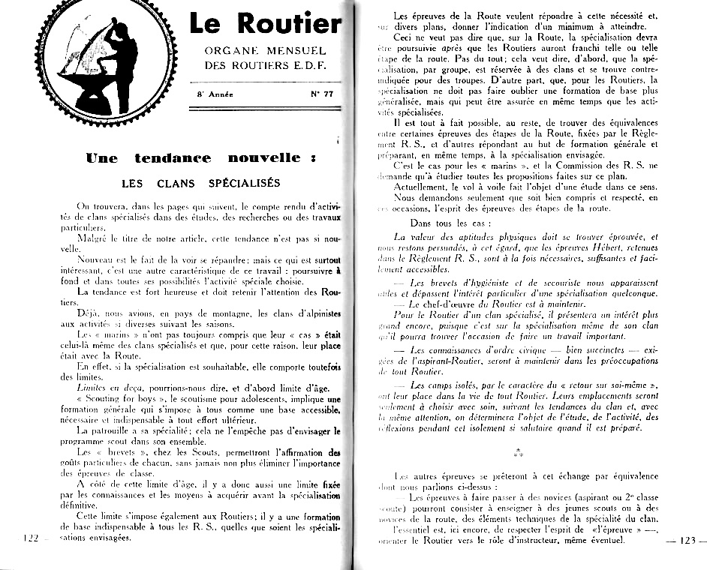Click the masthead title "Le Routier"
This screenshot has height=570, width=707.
[x=264, y=24]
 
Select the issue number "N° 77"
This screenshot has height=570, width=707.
[x=322, y=95]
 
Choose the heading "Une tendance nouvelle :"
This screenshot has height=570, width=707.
[x=201, y=158]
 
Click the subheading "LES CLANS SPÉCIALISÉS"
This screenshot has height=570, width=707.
[x=200, y=183]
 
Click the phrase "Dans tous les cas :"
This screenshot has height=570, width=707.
[x=450, y=223]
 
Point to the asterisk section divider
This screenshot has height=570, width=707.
[x=519, y=452]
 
